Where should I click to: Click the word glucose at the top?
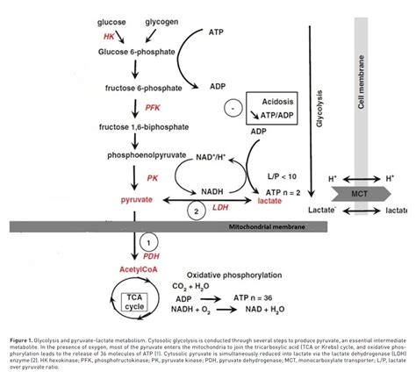[x=105, y=20]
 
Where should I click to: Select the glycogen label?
[x=149, y=20]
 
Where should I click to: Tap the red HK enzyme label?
[x=110, y=37]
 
